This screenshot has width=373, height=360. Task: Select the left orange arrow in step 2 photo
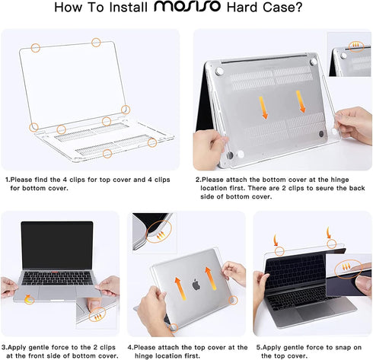click(263, 107)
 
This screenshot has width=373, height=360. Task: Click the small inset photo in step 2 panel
click(350, 54)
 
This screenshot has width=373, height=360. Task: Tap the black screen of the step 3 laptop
click(56, 244)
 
